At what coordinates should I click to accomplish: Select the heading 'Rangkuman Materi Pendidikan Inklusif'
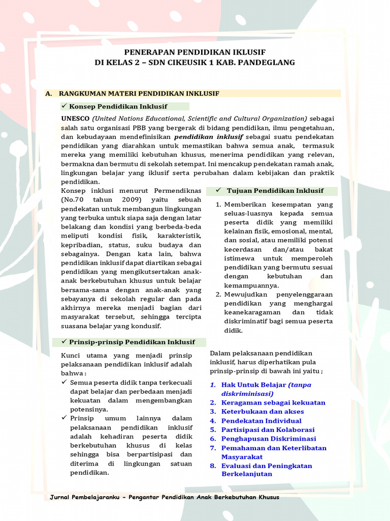139,94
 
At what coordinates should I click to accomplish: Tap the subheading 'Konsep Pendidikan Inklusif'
118,106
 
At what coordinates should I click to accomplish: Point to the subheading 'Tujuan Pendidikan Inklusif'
275,191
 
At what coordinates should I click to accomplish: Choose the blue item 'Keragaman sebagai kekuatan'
273,402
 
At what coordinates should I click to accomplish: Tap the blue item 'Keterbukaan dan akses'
263,412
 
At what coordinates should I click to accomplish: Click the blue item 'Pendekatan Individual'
261,421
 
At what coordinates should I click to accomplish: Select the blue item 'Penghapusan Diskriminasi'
268,439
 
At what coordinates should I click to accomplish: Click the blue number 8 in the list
213,466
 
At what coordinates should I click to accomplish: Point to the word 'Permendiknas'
179,191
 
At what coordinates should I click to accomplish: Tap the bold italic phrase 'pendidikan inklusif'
209,137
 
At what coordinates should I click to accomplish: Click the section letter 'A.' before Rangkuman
49,94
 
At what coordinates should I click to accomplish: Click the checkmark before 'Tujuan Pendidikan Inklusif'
217,190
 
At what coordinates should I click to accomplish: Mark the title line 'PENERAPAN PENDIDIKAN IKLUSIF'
195,52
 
